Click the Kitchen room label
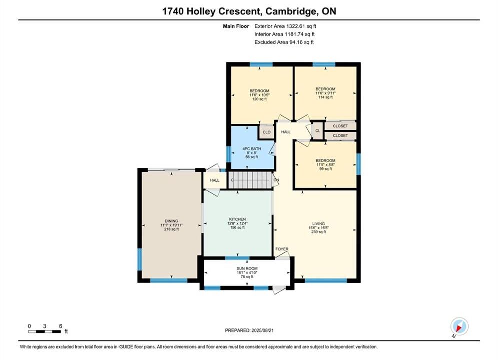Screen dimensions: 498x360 point(238,219)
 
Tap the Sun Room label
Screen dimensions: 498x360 point(247,268)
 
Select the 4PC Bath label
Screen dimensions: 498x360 point(252,149)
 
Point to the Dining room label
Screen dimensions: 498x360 point(172,221)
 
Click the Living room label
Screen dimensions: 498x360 point(318,224)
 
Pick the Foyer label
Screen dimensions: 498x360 point(282,249)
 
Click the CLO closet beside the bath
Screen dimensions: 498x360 point(267,132)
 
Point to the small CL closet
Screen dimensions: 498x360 point(318,131)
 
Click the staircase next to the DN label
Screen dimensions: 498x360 point(251,180)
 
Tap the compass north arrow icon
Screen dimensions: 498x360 point(459,326)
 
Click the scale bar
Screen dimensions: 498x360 point(45,332)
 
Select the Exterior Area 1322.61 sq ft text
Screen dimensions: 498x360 point(285,26)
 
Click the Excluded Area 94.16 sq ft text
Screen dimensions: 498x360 point(284,42)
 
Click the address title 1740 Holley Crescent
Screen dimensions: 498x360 point(212,11)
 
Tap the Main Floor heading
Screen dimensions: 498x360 point(236,26)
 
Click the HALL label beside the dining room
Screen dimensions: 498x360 point(215,180)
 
